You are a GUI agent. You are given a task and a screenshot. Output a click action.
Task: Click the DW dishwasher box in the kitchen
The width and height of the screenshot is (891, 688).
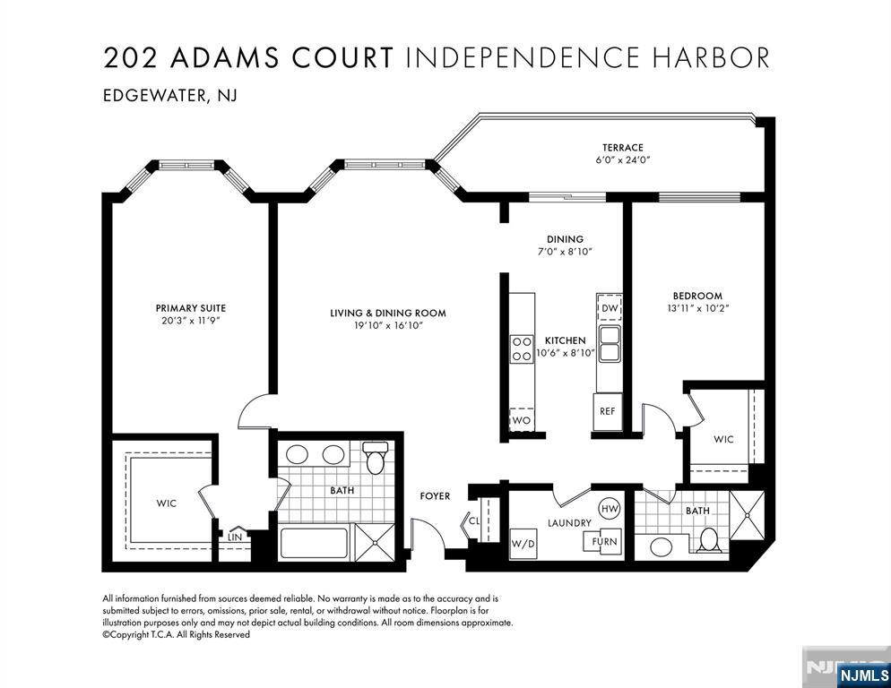click(610, 307)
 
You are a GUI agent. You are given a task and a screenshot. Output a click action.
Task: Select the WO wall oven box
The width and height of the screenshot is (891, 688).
click(522, 419)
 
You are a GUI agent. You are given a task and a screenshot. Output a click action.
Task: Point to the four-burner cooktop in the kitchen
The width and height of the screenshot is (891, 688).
click(522, 349)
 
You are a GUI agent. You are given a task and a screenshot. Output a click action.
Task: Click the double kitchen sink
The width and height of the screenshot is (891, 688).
click(610, 343)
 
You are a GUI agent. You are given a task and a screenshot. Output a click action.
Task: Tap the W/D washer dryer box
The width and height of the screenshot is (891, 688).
click(523, 544)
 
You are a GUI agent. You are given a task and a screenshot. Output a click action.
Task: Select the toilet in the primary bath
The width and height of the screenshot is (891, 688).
click(375, 457)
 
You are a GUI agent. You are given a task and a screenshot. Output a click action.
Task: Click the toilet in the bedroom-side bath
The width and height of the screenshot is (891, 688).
click(709, 539)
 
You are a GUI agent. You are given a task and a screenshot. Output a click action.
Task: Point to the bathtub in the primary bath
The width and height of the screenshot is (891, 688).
click(315, 544)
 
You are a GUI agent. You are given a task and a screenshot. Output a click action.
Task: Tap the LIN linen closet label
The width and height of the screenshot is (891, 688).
click(235, 537)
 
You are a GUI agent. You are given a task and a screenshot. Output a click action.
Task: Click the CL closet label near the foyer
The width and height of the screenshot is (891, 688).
click(474, 520)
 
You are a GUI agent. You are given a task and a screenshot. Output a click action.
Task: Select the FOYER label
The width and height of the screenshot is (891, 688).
click(435, 496)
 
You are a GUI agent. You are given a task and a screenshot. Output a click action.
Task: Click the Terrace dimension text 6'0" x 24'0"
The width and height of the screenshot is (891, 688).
click(623, 159)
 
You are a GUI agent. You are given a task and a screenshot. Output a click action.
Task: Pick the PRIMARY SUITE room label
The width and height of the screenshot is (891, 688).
click(191, 308)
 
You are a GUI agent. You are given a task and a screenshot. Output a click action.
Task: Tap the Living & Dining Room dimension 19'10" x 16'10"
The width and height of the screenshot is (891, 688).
click(388, 325)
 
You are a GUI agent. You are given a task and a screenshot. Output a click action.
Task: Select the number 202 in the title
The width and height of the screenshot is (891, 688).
click(130, 58)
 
